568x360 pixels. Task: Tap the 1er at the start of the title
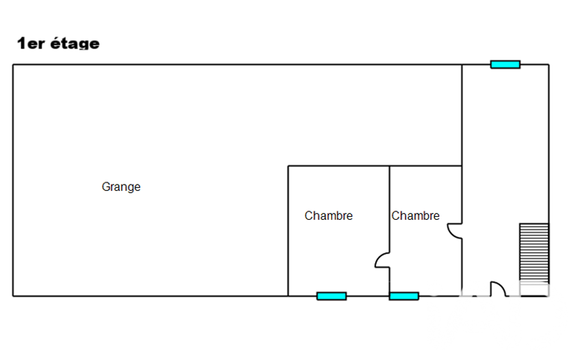pyautogui.click(x=31, y=44)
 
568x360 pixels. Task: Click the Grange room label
pyautogui.click(x=121, y=187)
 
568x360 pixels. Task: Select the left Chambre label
pyautogui.click(x=329, y=216)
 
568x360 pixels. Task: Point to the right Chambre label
pyautogui.click(x=416, y=216)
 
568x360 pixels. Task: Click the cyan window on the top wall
pyautogui.click(x=505, y=64)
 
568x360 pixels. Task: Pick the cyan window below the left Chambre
pyautogui.click(x=331, y=296)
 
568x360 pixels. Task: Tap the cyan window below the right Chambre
pyautogui.click(x=404, y=296)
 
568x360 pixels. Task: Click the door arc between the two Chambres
pyautogui.click(x=382, y=261)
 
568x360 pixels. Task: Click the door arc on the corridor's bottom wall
pyautogui.click(x=498, y=289)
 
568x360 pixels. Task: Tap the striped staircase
pyautogui.click(x=534, y=253)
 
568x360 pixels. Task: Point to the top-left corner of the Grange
pyautogui.click(x=13, y=65)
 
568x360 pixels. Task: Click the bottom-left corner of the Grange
pyautogui.click(x=13, y=296)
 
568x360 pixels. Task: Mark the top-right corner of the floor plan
pyautogui.click(x=549, y=65)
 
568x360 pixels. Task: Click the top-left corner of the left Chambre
pyautogui.click(x=288, y=166)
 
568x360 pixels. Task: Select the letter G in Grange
pyautogui.click(x=105, y=187)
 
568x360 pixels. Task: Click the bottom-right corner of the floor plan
pyautogui.click(x=549, y=296)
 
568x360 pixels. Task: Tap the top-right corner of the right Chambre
pyautogui.click(x=462, y=166)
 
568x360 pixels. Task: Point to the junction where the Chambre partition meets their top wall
pyautogui.click(x=390, y=166)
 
